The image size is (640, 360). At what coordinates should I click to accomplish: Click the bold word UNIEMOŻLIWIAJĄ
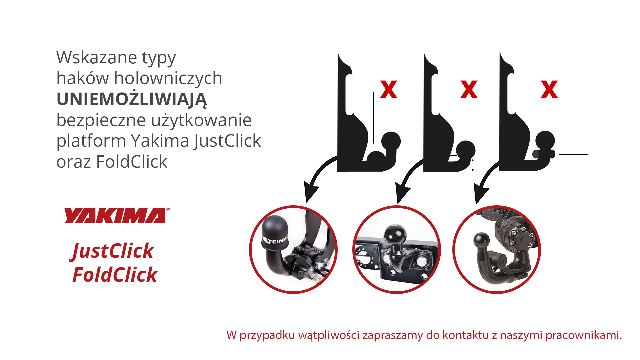click(132, 99)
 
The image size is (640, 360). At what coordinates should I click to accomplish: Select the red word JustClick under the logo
click(112, 251)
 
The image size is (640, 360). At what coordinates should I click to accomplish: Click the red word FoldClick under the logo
click(115, 275)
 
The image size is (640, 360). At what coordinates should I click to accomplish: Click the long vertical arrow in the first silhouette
click(373, 118)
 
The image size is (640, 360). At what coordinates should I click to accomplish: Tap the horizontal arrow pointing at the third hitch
click(573, 154)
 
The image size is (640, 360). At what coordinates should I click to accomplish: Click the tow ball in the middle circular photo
click(396, 234)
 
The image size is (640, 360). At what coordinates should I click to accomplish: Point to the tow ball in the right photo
click(481, 241)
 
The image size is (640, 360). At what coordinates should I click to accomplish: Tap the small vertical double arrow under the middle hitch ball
click(473, 165)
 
